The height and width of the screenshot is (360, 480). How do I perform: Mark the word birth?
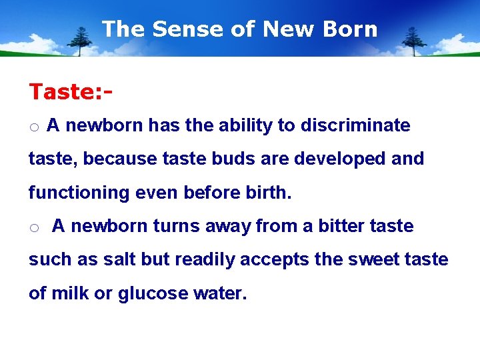pyautogui.click(x=267, y=193)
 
